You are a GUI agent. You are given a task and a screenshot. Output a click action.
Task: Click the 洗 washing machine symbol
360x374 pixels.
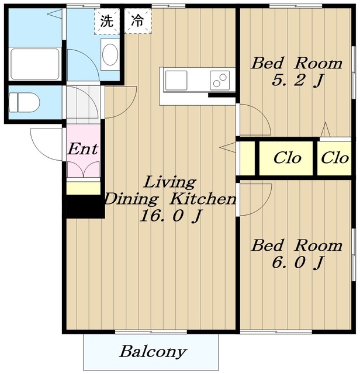(x=107, y=21)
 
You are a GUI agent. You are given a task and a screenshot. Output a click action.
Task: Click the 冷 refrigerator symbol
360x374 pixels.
(x=138, y=21)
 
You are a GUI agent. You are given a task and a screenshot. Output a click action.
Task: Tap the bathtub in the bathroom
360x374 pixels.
(x=35, y=64)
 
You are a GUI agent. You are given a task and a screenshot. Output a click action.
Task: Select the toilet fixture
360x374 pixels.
(x=25, y=103)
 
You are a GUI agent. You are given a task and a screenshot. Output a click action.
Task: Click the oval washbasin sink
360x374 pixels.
(x=110, y=54)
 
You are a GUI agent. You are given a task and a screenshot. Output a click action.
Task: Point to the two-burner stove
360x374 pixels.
(x=220, y=80)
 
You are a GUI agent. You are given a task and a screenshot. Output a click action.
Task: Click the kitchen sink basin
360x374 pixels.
(x=176, y=81)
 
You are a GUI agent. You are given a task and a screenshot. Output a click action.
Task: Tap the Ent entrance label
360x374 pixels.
(x=83, y=150)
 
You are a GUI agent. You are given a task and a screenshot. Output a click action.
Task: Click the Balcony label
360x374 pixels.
(x=153, y=352)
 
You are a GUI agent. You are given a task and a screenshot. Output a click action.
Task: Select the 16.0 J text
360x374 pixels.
(x=171, y=216)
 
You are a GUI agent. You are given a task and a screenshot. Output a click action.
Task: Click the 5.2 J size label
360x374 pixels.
(x=297, y=81)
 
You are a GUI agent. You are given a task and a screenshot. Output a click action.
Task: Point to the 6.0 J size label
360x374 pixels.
(x=297, y=262)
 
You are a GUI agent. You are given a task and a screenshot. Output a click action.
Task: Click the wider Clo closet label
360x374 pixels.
(x=287, y=158)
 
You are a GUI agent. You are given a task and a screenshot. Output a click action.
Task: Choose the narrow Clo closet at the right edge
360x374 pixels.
(x=335, y=158)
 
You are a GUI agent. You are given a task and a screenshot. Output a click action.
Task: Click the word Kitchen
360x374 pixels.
(x=203, y=199)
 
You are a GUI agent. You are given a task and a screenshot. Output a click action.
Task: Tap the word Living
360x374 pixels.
(x=170, y=182)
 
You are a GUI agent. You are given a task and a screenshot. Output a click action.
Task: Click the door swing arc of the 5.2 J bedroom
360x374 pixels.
(x=262, y=114)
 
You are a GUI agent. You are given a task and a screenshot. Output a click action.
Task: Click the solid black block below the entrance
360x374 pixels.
(x=85, y=206)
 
